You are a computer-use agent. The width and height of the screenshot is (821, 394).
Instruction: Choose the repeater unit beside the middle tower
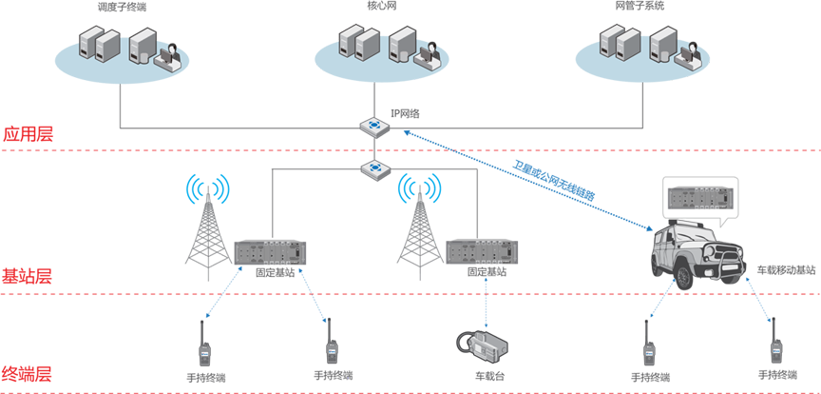480,252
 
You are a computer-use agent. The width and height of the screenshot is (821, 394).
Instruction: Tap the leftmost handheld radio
203,355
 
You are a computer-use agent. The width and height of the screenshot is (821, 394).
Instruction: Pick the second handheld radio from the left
333,352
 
